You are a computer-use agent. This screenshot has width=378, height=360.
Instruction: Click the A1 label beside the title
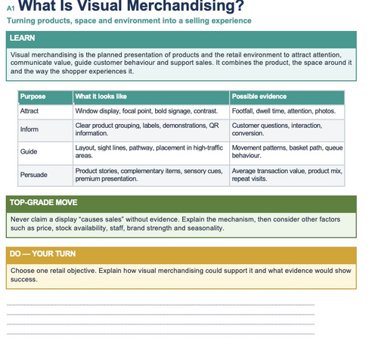(x=11, y=8)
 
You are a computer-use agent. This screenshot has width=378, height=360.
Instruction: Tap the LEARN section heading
(x=22, y=38)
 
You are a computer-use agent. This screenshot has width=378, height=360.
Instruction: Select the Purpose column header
(x=33, y=97)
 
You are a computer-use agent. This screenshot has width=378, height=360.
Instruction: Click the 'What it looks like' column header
(x=101, y=97)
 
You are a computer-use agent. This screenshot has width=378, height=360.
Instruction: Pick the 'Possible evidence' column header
(x=259, y=97)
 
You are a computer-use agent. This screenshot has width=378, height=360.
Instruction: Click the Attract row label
(x=29, y=111)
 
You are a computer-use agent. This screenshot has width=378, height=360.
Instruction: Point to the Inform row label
(x=29, y=129)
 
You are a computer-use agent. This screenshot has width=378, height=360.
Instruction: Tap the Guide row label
(x=29, y=151)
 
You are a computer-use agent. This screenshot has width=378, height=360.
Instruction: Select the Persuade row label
(x=34, y=175)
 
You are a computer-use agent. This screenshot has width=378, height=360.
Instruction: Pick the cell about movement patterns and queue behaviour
(x=287, y=151)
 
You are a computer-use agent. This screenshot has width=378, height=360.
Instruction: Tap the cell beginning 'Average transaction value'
(x=287, y=175)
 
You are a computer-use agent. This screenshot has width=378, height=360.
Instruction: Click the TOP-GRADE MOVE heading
(x=44, y=203)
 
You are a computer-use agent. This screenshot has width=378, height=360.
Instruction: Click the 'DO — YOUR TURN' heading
(x=42, y=254)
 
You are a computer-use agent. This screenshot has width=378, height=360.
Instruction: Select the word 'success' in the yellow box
(x=24, y=280)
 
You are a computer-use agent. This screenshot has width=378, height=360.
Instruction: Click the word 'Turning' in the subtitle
(x=21, y=21)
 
